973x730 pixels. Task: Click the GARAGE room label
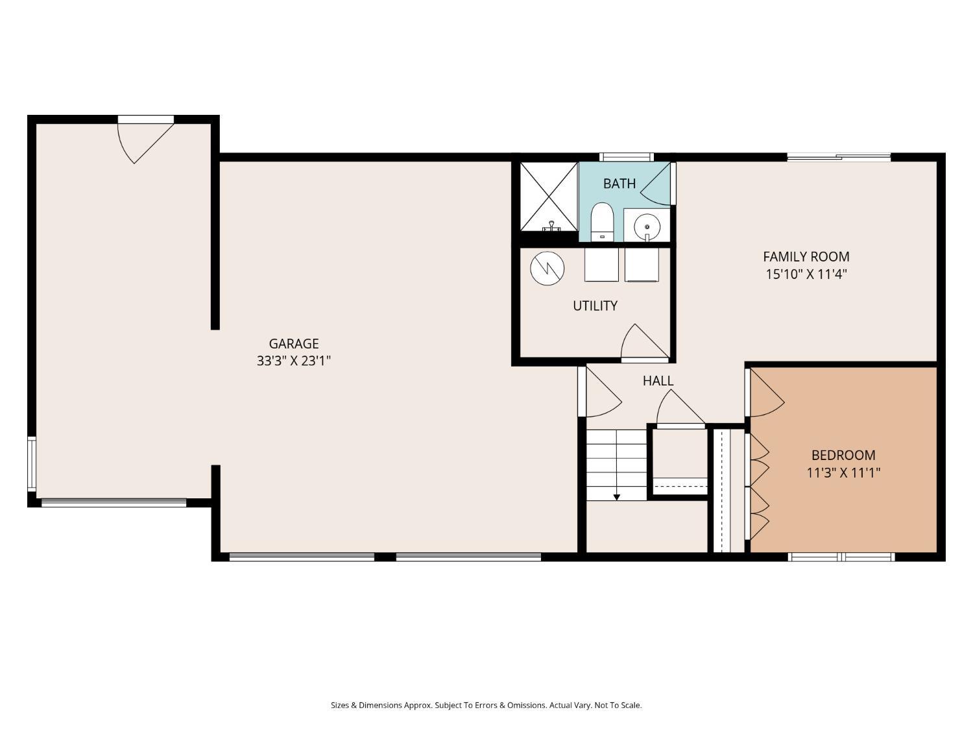click(293, 343)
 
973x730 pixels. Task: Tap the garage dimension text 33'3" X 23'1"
click(293, 361)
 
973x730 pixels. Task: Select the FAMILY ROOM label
click(806, 256)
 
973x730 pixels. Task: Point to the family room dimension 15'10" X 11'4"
click(806, 274)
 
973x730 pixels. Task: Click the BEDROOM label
click(843, 456)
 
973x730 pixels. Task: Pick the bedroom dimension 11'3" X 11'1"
click(843, 473)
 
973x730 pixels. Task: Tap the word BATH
click(619, 184)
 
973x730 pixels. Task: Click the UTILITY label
click(595, 306)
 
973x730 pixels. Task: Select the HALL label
click(658, 381)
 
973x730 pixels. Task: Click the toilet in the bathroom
click(601, 222)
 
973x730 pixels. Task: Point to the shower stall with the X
click(549, 197)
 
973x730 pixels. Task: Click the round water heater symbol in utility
click(547, 269)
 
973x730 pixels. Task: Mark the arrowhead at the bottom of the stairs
click(616, 497)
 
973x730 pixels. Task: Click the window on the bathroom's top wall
click(627, 157)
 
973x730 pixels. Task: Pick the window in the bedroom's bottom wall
click(841, 557)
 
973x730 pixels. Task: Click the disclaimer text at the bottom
click(486, 705)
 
